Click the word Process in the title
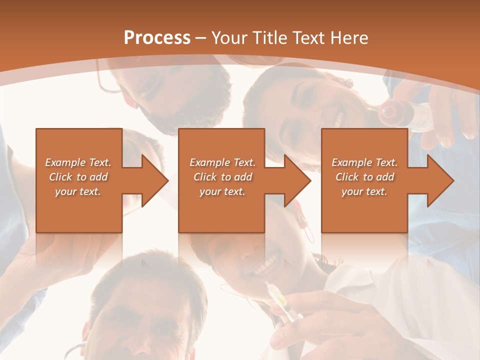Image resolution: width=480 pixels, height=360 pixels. pyautogui.click(x=157, y=38)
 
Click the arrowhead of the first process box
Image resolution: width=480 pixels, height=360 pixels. pyautogui.click(x=155, y=180)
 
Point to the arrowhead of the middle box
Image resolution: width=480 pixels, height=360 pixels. pyautogui.click(x=298, y=180)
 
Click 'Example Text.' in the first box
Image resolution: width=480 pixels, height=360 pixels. pyautogui.click(x=78, y=162)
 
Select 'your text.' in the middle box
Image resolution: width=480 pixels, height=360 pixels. pyautogui.click(x=222, y=191)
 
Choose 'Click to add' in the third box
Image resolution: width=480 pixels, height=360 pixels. pyautogui.click(x=364, y=177)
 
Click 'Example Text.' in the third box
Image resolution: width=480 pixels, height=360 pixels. pyautogui.click(x=364, y=162)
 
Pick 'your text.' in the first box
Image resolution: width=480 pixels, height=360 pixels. pyautogui.click(x=78, y=191)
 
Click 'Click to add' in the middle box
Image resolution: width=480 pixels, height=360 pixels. pyautogui.click(x=222, y=177)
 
